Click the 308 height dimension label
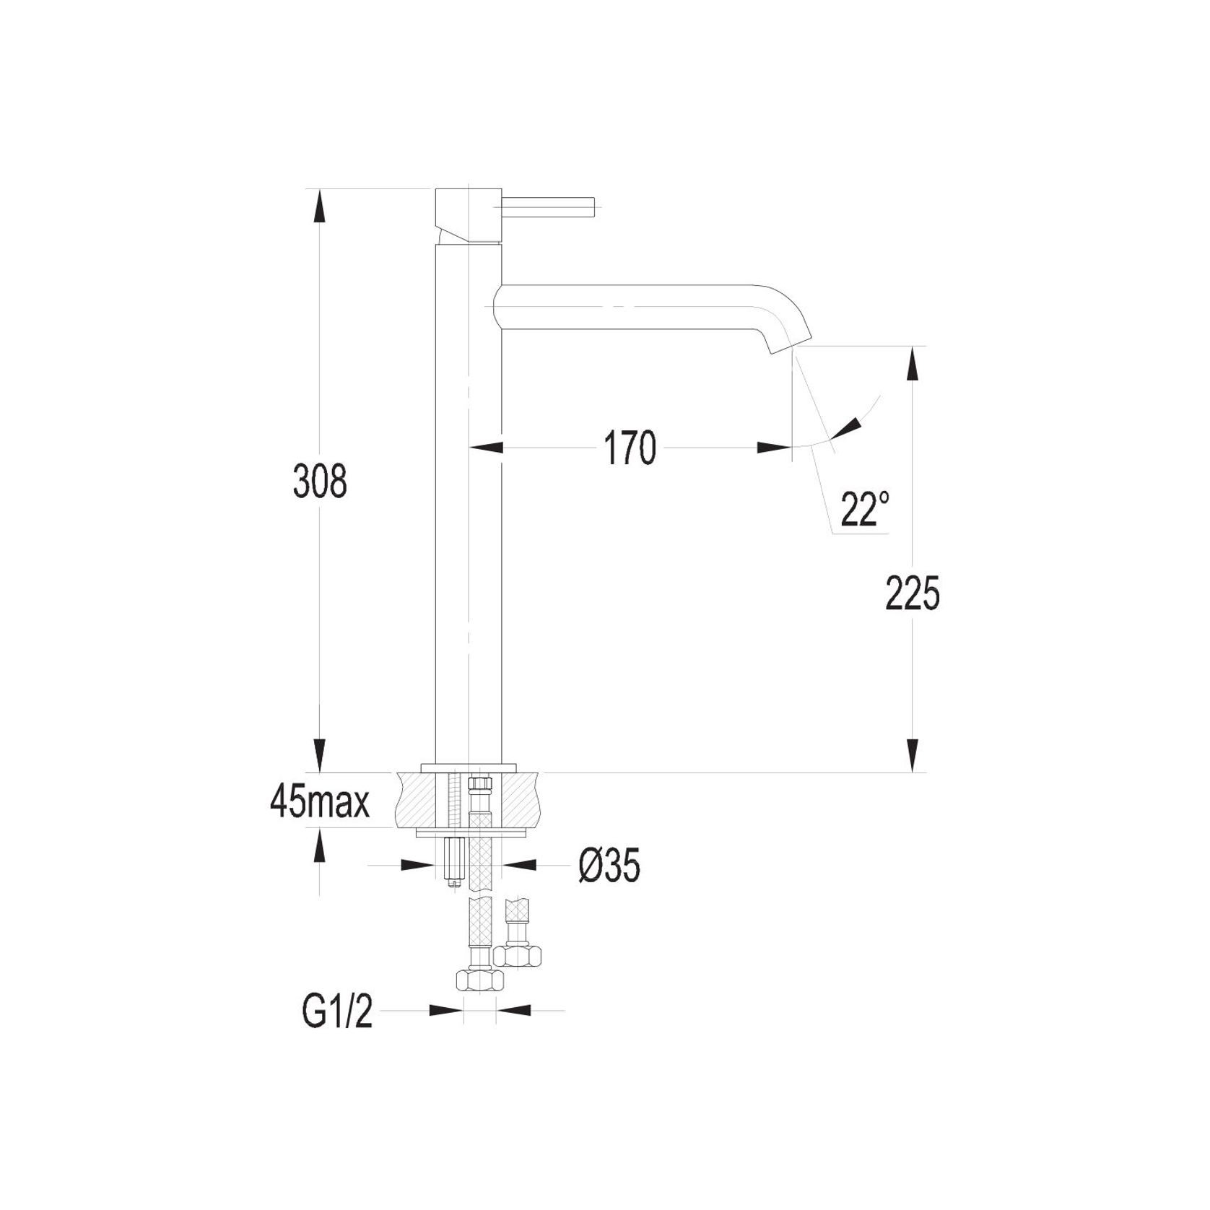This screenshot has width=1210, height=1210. click(x=320, y=482)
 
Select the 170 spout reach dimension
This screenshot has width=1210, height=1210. click(x=630, y=448)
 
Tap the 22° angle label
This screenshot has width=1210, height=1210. click(x=864, y=510)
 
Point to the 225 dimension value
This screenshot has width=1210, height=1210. click(x=913, y=593)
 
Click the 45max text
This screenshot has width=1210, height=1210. click(x=320, y=802)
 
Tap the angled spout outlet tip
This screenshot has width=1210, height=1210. click(x=789, y=344)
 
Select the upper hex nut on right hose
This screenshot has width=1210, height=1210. click(x=518, y=956)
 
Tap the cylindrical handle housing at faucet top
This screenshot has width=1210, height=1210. click(x=469, y=214)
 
